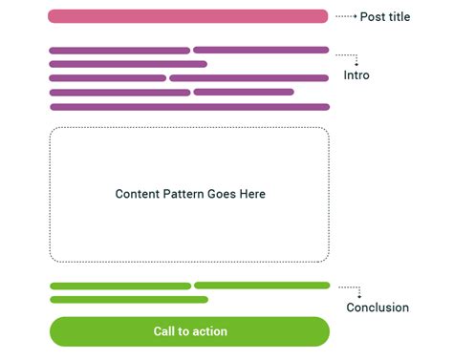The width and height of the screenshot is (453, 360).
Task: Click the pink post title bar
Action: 187,16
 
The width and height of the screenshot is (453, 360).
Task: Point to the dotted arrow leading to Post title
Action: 345,16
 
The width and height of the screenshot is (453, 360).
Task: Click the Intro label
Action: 356,74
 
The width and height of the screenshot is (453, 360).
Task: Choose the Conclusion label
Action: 377,307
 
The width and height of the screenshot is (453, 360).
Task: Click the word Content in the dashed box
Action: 137,194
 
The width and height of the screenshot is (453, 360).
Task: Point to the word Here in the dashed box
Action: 252,194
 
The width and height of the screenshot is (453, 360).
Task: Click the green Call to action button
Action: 189,331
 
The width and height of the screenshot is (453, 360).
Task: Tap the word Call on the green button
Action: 165,331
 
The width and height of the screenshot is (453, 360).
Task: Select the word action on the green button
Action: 210,331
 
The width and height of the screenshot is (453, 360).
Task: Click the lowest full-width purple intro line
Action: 189,107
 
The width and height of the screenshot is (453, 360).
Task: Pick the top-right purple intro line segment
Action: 261,50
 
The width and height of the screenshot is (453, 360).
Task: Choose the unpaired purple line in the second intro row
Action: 128,64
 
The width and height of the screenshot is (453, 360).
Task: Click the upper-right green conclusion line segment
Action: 262,285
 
